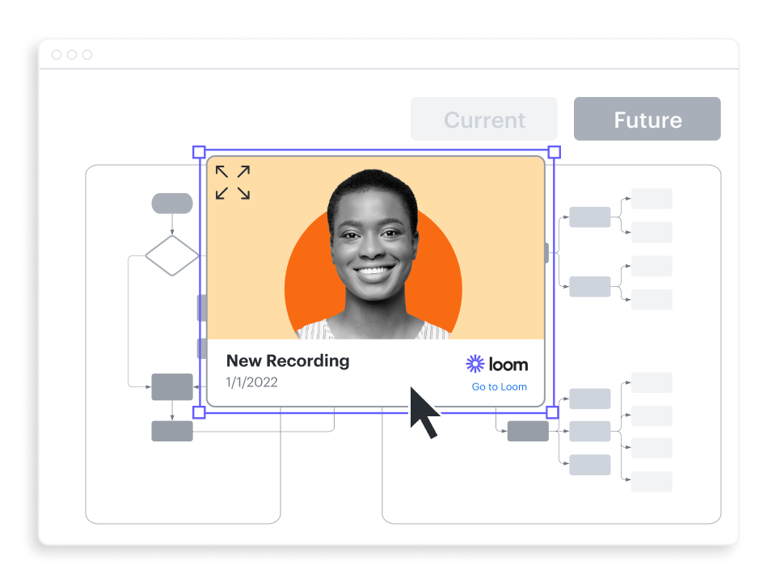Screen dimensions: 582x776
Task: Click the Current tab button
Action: [x=484, y=120]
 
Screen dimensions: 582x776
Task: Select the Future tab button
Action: [x=647, y=120]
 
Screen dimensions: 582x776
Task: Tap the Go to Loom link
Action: [x=499, y=387]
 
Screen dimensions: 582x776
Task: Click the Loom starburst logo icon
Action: [x=475, y=364]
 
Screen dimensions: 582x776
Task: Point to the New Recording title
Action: [x=288, y=361]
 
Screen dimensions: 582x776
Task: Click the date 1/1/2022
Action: [x=252, y=382]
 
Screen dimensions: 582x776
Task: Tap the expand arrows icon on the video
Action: [x=233, y=183]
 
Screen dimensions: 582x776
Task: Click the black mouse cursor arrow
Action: [x=422, y=410]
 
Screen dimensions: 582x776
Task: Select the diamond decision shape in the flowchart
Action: [x=172, y=255]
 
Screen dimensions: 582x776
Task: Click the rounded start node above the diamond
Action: [x=172, y=204]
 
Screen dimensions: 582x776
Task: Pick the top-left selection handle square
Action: [x=199, y=152]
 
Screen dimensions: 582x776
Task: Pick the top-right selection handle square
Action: [x=555, y=152]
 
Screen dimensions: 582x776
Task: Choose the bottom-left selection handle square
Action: [x=199, y=412]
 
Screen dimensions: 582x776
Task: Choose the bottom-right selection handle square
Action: [x=553, y=412]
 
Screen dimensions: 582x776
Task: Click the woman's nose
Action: [x=373, y=247]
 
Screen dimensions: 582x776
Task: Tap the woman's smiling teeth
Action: [x=373, y=270]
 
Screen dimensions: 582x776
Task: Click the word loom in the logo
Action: [x=508, y=365]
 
